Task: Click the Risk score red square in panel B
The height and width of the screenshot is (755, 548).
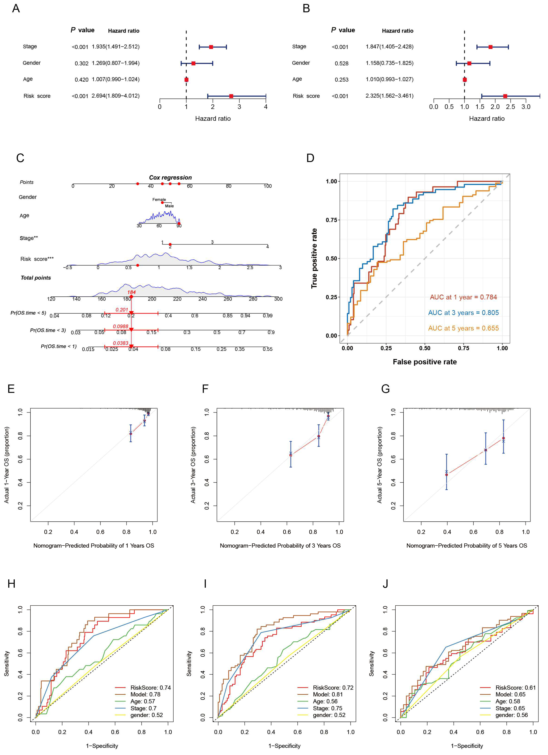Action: click(x=505, y=96)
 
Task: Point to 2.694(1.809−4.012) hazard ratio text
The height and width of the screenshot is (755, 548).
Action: click(x=116, y=96)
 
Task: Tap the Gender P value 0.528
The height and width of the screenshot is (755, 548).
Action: click(x=342, y=63)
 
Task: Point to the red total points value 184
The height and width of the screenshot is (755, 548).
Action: click(x=131, y=292)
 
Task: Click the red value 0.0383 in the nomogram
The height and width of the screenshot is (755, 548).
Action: click(x=121, y=343)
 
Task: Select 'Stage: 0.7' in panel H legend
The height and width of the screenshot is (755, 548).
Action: click(x=143, y=708)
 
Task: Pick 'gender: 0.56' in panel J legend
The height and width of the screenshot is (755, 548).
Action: click(x=511, y=715)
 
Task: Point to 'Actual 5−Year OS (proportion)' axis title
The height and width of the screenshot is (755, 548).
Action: click(x=379, y=465)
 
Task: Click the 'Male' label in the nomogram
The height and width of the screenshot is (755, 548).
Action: click(x=170, y=206)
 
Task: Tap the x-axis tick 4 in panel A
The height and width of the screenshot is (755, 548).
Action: click(x=266, y=107)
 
